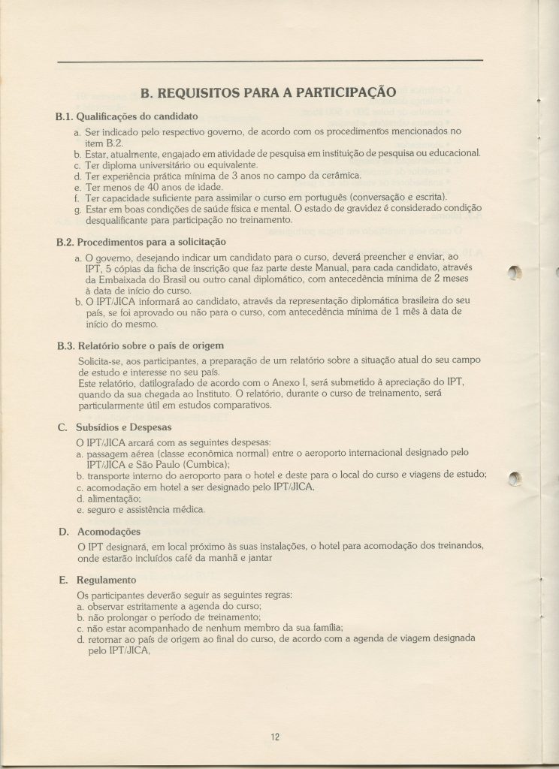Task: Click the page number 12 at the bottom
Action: coord(275,737)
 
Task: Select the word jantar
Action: coord(258,558)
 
